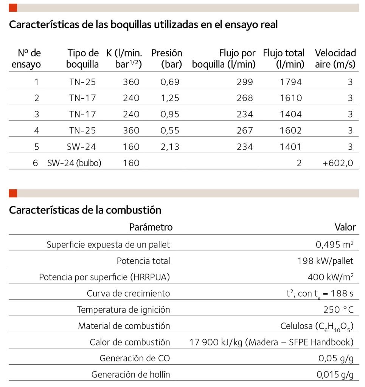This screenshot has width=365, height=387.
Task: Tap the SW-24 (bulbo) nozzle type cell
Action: [x=74, y=163]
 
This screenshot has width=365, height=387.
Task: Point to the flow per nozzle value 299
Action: [x=245, y=82]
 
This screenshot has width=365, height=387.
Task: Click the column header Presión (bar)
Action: [x=166, y=59]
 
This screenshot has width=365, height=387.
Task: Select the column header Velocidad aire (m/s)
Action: [x=335, y=59]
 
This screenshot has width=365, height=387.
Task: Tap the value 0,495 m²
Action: [x=335, y=245]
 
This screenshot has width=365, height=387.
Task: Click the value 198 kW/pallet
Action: [x=326, y=261]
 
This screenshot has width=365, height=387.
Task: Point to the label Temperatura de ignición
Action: [x=123, y=310]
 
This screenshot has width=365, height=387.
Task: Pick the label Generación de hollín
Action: [x=130, y=375]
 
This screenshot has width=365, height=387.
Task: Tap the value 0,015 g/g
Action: [x=335, y=375]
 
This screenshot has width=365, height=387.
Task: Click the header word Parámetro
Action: [x=151, y=227]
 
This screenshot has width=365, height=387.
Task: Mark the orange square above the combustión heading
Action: [x=13, y=193]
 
